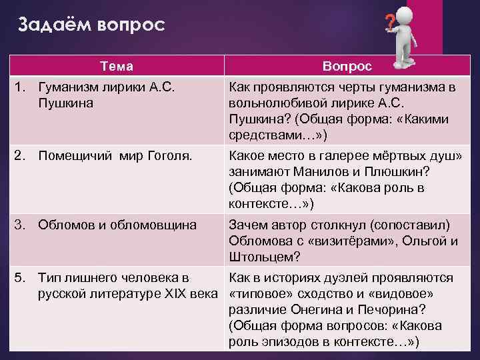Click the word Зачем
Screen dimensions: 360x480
[247, 225]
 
